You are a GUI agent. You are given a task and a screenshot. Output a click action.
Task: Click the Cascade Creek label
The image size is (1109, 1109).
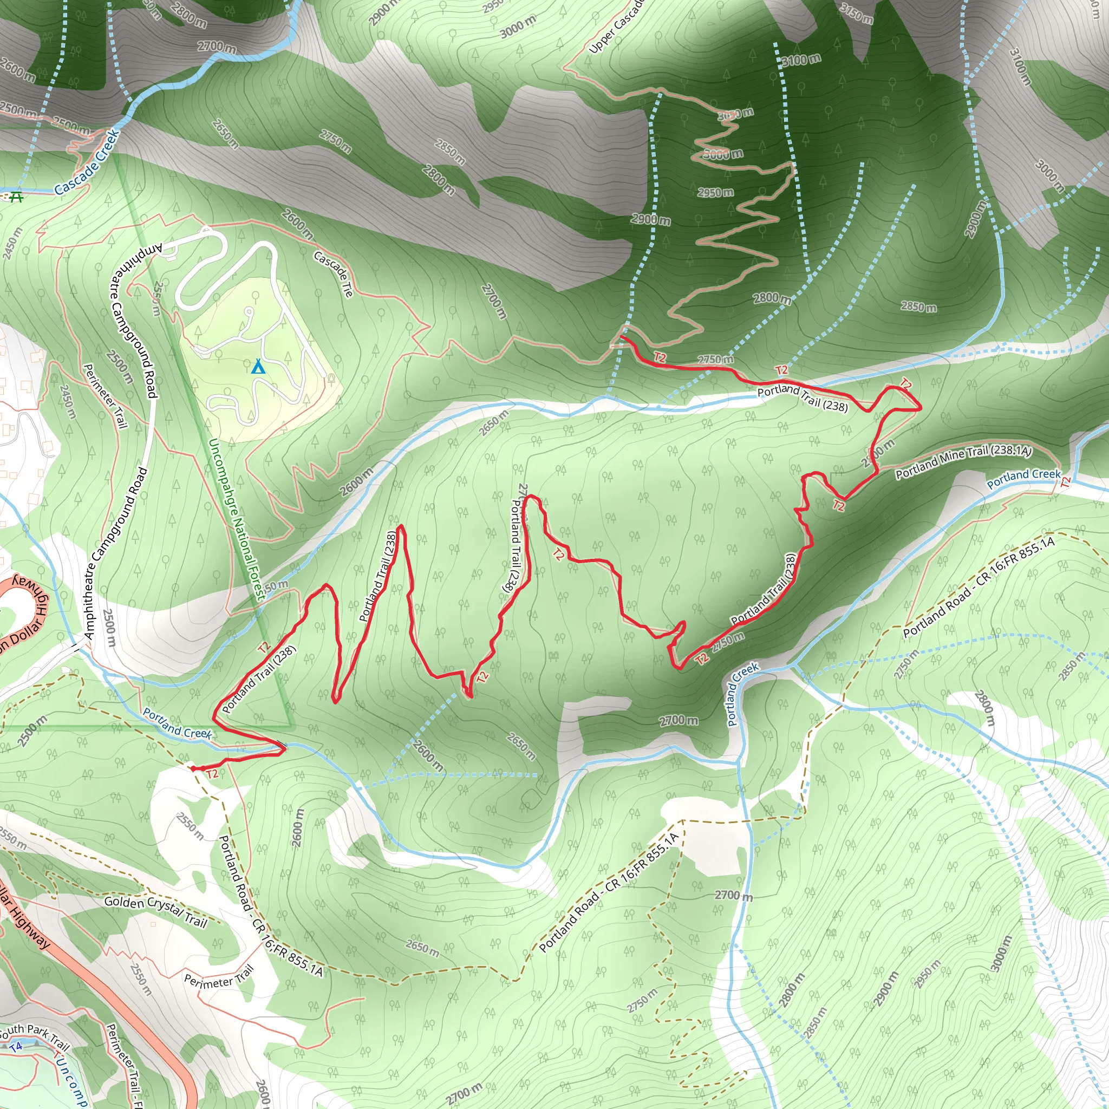coord(87,162)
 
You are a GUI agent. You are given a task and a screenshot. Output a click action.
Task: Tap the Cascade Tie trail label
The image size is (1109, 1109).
coord(334,274)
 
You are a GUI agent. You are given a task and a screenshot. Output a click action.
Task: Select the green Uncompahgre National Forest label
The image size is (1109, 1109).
coord(237,519)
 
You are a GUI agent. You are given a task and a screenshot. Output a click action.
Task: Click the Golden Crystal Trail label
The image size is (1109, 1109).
coord(155,911)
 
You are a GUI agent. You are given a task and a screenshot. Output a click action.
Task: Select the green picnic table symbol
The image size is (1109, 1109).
coord(16,197)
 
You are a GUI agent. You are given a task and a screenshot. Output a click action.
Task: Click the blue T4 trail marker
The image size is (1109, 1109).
coord(16,1046)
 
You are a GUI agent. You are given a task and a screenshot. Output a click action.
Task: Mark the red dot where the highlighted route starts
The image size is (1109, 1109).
coord(193,768)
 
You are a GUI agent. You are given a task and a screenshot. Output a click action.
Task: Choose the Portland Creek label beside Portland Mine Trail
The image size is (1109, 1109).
coord(1023,478)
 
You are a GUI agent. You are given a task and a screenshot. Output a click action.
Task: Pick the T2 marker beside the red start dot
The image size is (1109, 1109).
coord(212,774)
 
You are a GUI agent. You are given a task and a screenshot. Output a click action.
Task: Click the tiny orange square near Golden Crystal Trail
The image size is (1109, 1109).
coord(153,925)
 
